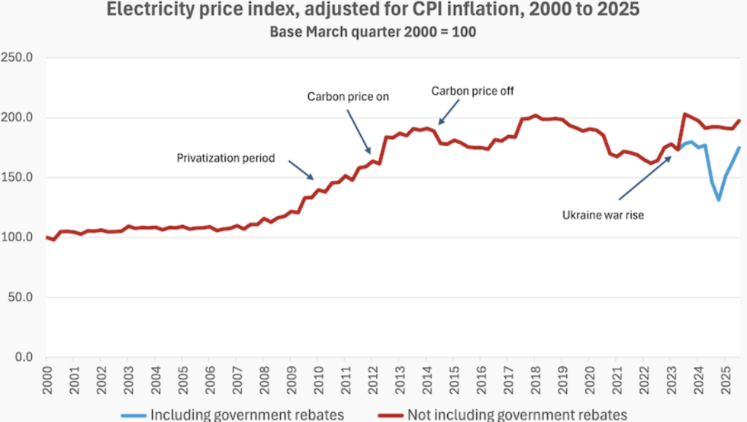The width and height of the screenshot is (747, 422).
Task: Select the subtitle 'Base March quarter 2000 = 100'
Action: click(x=373, y=31)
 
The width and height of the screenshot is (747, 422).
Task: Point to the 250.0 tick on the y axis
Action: click(x=21, y=58)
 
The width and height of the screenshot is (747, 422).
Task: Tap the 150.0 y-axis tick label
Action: click(x=21, y=178)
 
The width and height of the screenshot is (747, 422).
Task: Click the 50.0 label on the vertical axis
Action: click(x=24, y=298)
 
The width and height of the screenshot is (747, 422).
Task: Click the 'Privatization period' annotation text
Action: click(x=225, y=159)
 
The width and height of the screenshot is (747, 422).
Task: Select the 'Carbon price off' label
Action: click(x=473, y=91)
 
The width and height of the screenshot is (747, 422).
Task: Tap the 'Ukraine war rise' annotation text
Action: click(x=603, y=215)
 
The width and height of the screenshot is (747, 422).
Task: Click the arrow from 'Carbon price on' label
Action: click(x=359, y=130)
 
